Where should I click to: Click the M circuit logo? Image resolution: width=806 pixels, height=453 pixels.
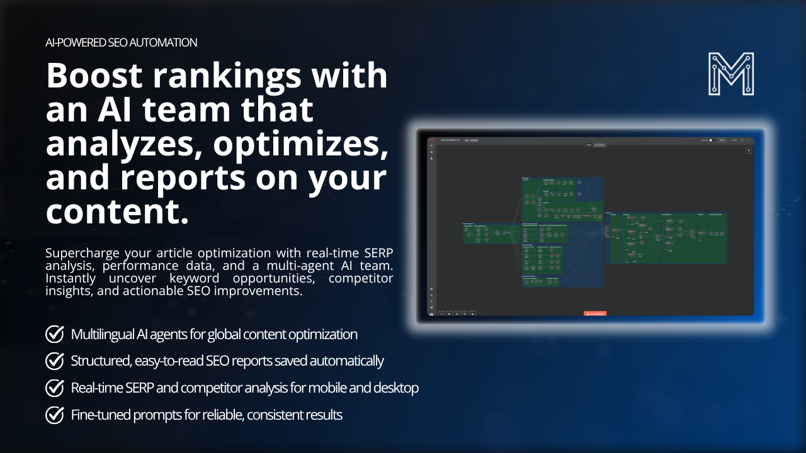(731, 74)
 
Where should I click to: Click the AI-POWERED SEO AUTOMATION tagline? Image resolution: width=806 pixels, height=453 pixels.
(122, 43)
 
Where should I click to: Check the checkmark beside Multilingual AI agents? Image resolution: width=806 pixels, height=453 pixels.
(55, 334)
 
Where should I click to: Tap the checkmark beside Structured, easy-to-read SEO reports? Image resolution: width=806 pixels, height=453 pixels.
(55, 361)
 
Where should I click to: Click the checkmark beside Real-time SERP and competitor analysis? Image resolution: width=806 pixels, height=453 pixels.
(55, 388)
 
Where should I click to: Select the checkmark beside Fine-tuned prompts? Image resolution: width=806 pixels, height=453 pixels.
(55, 415)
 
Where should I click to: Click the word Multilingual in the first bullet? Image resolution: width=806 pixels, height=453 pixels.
(102, 334)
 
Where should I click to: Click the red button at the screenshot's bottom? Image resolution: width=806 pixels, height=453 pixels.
(595, 313)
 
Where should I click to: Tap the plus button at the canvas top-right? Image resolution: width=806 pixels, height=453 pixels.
(749, 150)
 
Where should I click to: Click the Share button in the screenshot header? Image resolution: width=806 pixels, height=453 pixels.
(722, 140)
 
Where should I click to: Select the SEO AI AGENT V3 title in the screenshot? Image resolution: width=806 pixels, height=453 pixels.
(451, 140)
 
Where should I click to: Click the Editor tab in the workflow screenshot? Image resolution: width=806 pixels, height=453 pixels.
(589, 145)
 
